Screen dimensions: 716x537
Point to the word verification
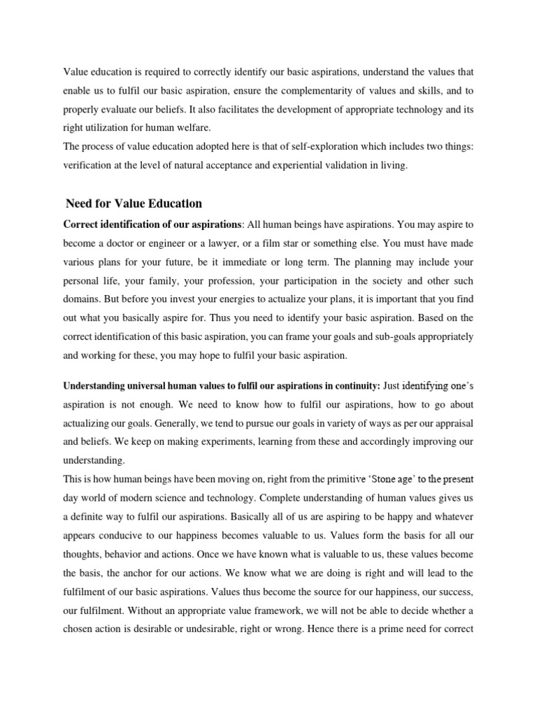coord(89,165)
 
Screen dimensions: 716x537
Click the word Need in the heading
coord(79,203)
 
